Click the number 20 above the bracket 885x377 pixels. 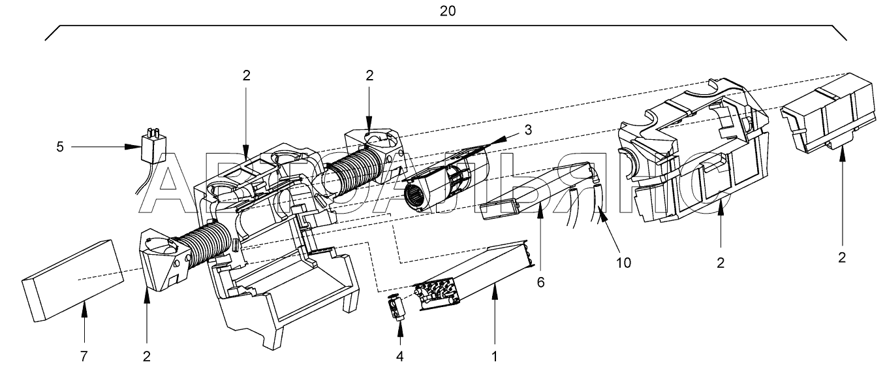point(448,12)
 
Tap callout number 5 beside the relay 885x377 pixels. point(59,147)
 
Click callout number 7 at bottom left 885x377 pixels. point(84,357)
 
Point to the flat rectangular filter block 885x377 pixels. point(72,280)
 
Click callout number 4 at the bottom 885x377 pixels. point(400,357)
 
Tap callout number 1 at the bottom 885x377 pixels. point(494,357)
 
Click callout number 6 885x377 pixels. point(540,282)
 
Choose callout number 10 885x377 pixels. point(623,263)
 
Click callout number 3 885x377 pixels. point(528,129)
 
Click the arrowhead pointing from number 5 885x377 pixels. point(134,147)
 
